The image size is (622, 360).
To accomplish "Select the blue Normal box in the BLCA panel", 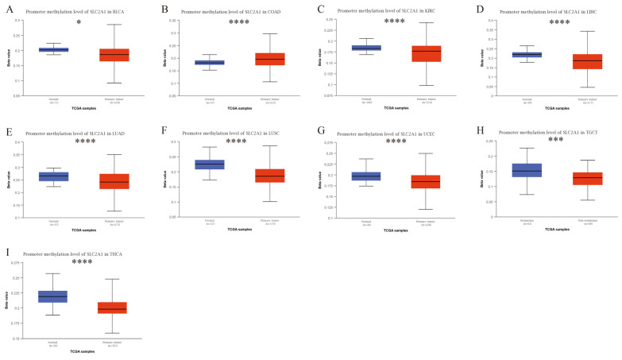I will point(54,49).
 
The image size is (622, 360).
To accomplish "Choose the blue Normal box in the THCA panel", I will point(54,296).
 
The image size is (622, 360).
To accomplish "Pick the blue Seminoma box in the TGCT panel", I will point(527,170).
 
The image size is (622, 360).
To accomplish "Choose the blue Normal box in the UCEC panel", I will point(366,176).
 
